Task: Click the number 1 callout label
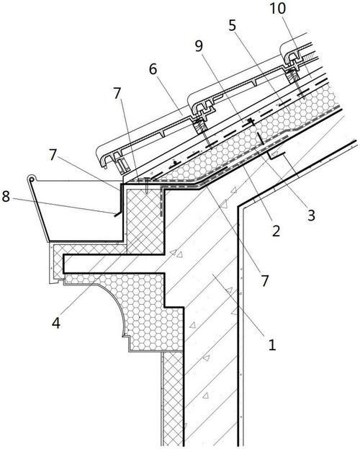[x=271, y=344]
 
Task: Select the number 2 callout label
[x=276, y=231]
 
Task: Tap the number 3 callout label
[x=311, y=215]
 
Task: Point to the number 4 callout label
[x=56, y=323]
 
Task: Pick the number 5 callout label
[x=233, y=26]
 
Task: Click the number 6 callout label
[x=153, y=69]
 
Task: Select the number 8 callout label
[x=6, y=197]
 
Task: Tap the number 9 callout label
[x=199, y=46]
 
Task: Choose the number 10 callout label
[x=277, y=9]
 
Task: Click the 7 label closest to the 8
[x=53, y=155]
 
